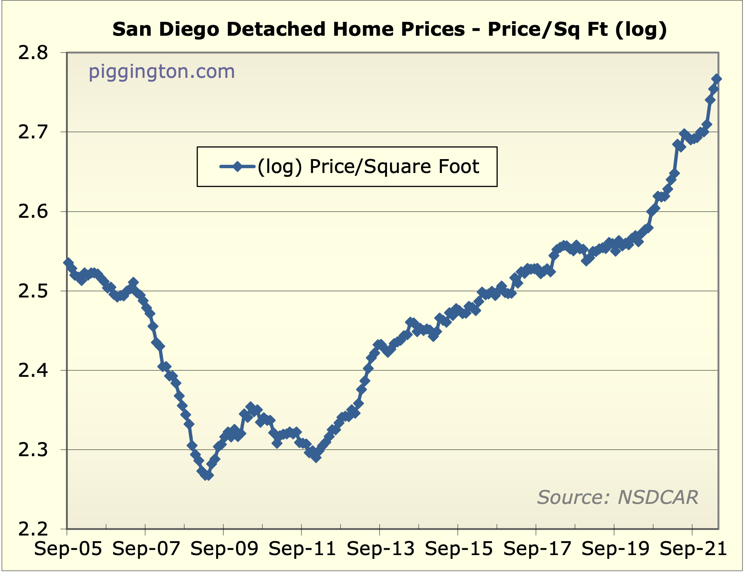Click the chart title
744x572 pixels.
coord(389,29)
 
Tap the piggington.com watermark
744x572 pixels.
coord(162,71)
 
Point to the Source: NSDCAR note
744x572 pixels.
coord(617,497)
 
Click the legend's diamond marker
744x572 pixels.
coord(237,166)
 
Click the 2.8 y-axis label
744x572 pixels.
coord(33,53)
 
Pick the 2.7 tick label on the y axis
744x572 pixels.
coord(33,132)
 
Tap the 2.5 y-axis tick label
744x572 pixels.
coord(33,291)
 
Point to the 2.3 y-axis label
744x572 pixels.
coord(33,450)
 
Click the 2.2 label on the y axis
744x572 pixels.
coord(33,529)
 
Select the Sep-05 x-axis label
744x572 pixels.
coord(68,549)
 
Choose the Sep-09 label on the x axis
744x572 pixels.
coord(224,549)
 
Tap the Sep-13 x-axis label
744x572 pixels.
coord(380,549)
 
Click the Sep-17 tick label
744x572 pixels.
coord(537,549)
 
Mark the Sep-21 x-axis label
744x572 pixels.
coord(693,549)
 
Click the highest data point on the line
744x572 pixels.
coord(717,79)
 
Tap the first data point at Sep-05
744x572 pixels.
coord(68,262)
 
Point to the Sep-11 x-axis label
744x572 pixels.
coord(302,549)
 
